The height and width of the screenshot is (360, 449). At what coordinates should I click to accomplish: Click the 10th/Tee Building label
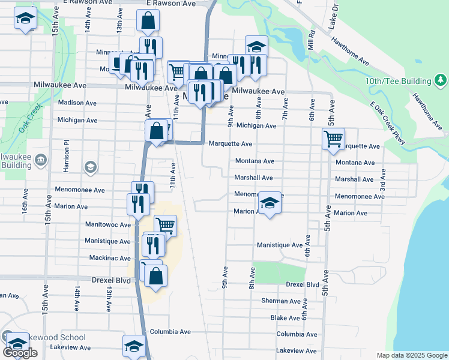pyautogui.click(x=399, y=81)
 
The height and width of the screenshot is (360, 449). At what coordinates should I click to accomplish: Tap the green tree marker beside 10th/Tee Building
pyautogui.click(x=440, y=80)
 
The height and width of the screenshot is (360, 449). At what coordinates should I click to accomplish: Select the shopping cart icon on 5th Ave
pyautogui.click(x=333, y=140)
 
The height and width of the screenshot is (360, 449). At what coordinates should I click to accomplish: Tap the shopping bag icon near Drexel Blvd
pyautogui.click(x=155, y=277)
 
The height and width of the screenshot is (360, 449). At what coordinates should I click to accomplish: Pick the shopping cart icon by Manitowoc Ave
pyautogui.click(x=166, y=226)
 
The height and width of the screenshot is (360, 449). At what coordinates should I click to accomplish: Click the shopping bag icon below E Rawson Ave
pyautogui.click(x=148, y=22)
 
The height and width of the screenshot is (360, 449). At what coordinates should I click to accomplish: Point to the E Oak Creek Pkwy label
pyautogui.click(x=388, y=122)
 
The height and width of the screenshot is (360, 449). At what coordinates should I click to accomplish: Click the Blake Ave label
pyautogui.click(x=285, y=318)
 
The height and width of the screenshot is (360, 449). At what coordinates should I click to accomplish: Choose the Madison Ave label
pyautogui.click(x=77, y=103)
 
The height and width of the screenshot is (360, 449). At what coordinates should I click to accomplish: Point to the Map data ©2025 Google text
pyautogui.click(x=411, y=355)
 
